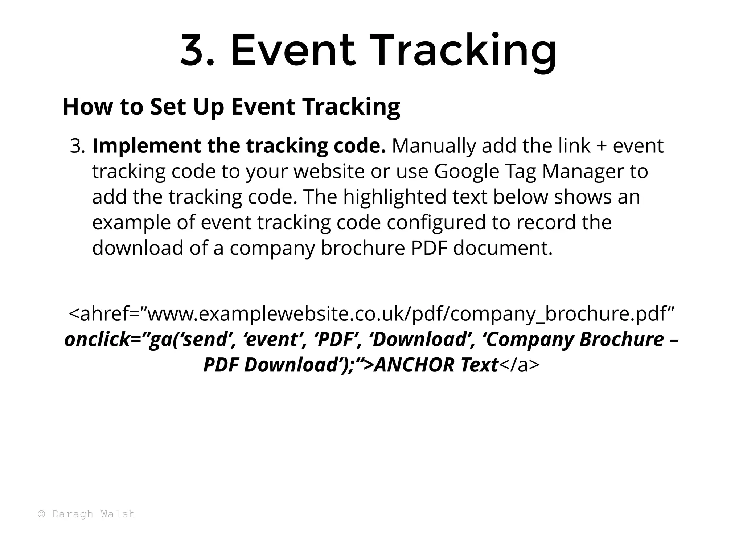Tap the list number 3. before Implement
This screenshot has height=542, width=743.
[77, 146]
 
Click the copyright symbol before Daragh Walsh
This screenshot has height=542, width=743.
[41, 514]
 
